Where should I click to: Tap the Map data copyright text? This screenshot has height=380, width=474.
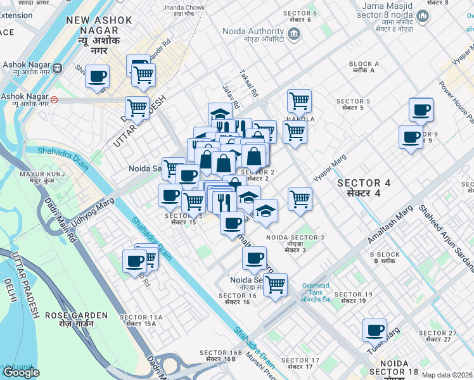tap(447, 375)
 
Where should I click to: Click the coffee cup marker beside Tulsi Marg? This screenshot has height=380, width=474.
tap(375, 331)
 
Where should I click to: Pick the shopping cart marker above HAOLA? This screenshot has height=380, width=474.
tap(299, 101)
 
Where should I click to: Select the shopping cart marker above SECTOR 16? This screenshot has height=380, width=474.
tap(274, 285)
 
